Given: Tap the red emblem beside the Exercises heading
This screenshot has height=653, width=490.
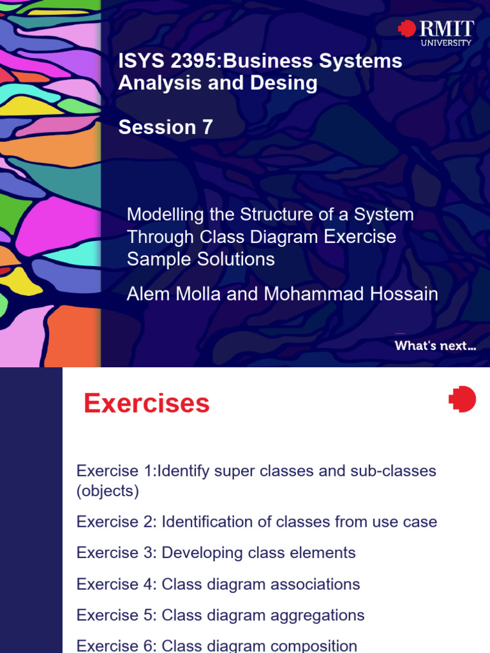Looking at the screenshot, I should click(463, 399).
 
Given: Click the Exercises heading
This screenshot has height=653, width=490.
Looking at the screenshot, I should click(147, 404).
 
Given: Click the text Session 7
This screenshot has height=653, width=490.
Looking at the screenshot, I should click(166, 128).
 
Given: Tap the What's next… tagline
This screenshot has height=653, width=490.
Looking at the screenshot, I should click(435, 346).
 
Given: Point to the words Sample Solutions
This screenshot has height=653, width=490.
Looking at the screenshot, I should click(201, 259).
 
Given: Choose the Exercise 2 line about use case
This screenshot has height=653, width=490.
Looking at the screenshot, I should click(256, 522).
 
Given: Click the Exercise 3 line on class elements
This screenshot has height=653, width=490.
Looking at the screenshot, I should click(216, 553).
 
